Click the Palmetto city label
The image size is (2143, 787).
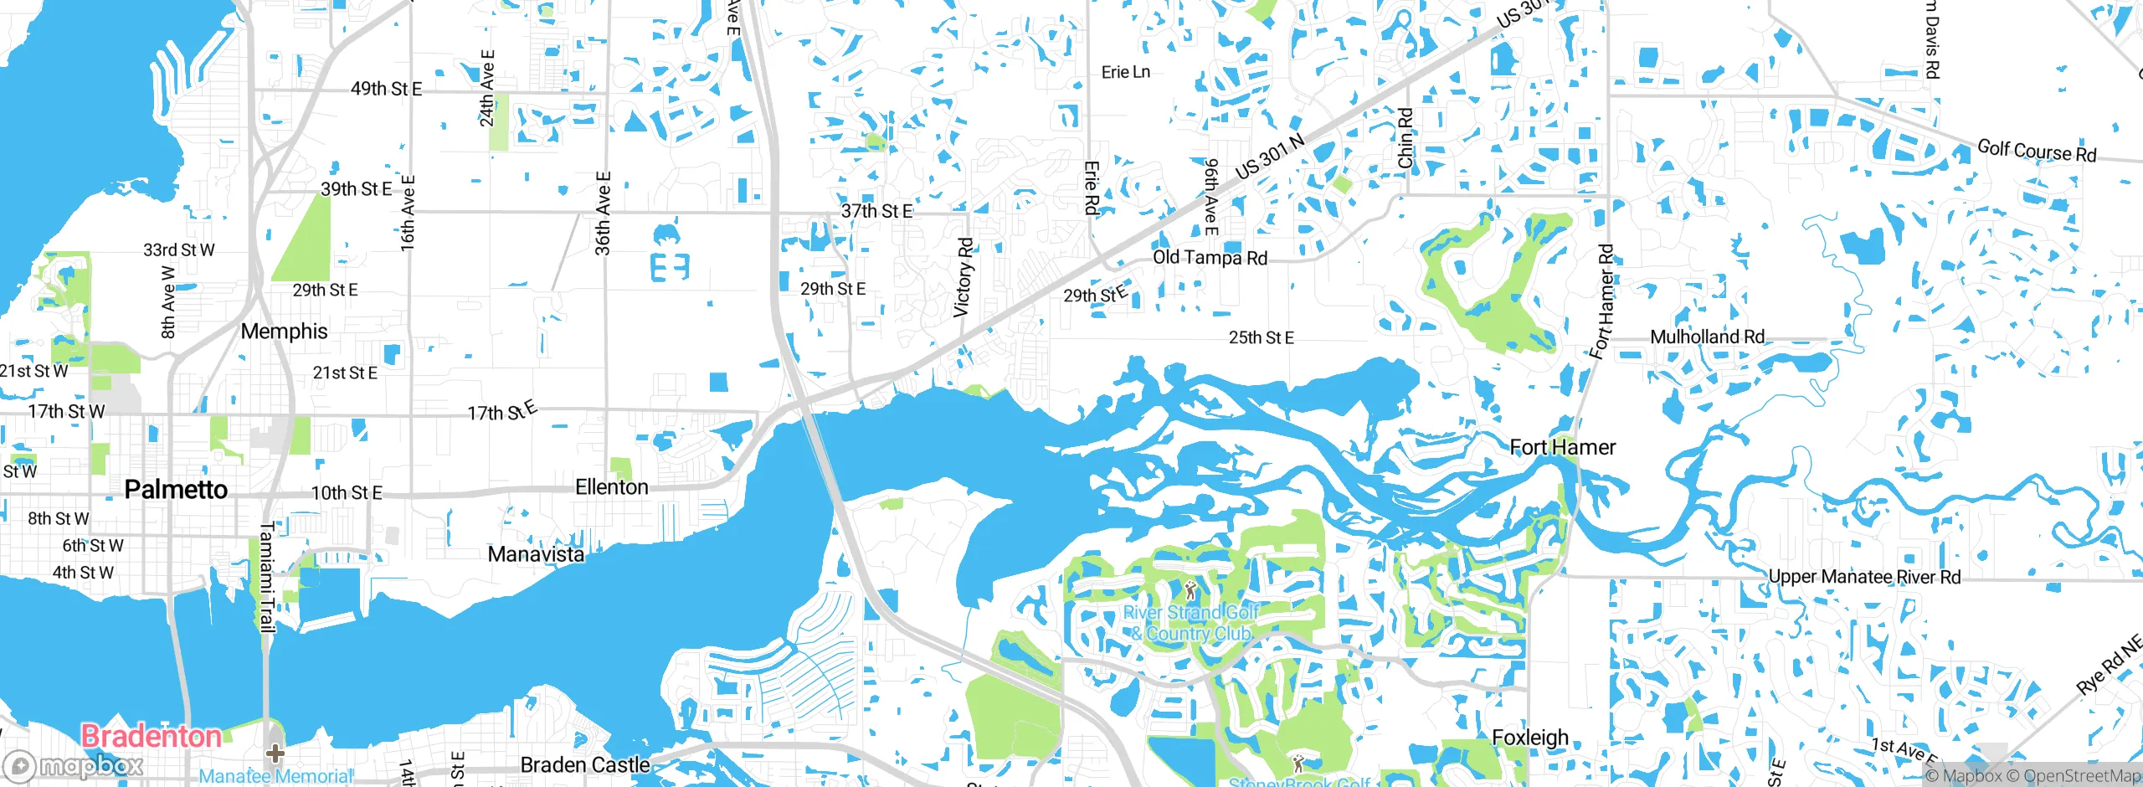pyautogui.click(x=176, y=490)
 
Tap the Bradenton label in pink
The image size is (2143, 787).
pyautogui.click(x=152, y=737)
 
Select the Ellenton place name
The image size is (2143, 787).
pyautogui.click(x=612, y=487)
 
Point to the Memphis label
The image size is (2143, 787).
pyautogui.click(x=284, y=332)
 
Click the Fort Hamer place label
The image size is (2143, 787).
pyautogui.click(x=1562, y=447)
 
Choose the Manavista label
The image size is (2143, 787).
pyautogui.click(x=536, y=554)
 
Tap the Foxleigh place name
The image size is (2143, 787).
pyautogui.click(x=1530, y=738)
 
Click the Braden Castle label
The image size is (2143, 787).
pyautogui.click(x=585, y=765)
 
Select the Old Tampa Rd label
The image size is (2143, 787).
pyautogui.click(x=1210, y=258)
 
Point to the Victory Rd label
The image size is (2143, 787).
pyautogui.click(x=964, y=278)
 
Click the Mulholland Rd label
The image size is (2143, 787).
pyautogui.click(x=1707, y=337)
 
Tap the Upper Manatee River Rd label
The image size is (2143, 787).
pyautogui.click(x=1864, y=577)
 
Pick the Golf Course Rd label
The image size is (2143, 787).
pyautogui.click(x=2037, y=152)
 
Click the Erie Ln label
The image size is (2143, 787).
pyautogui.click(x=1125, y=73)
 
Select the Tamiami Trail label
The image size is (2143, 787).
pyautogui.click(x=267, y=578)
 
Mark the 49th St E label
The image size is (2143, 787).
pyautogui.click(x=386, y=89)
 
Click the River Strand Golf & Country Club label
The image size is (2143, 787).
pyautogui.click(x=1191, y=623)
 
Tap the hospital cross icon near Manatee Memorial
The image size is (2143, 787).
pyautogui.click(x=275, y=754)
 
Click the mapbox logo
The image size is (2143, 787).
pyautogui.click(x=74, y=766)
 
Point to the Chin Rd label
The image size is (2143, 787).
pyautogui.click(x=1406, y=137)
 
